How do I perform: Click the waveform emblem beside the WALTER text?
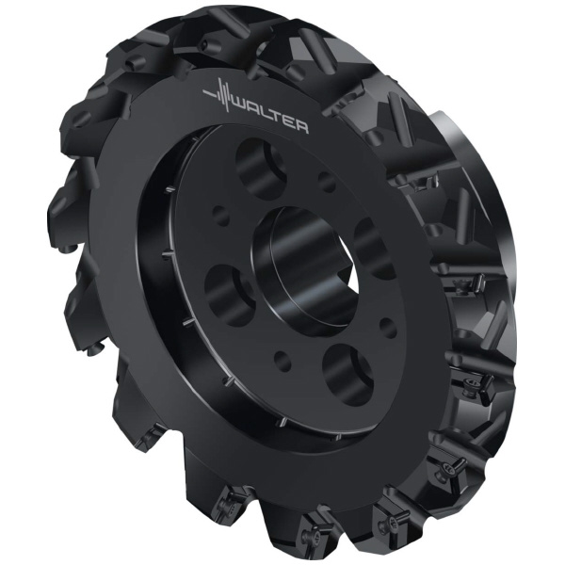click(219, 95)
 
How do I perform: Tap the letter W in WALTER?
click(243, 108)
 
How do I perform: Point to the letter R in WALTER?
click(302, 127)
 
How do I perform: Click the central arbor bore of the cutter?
click(306, 266)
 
